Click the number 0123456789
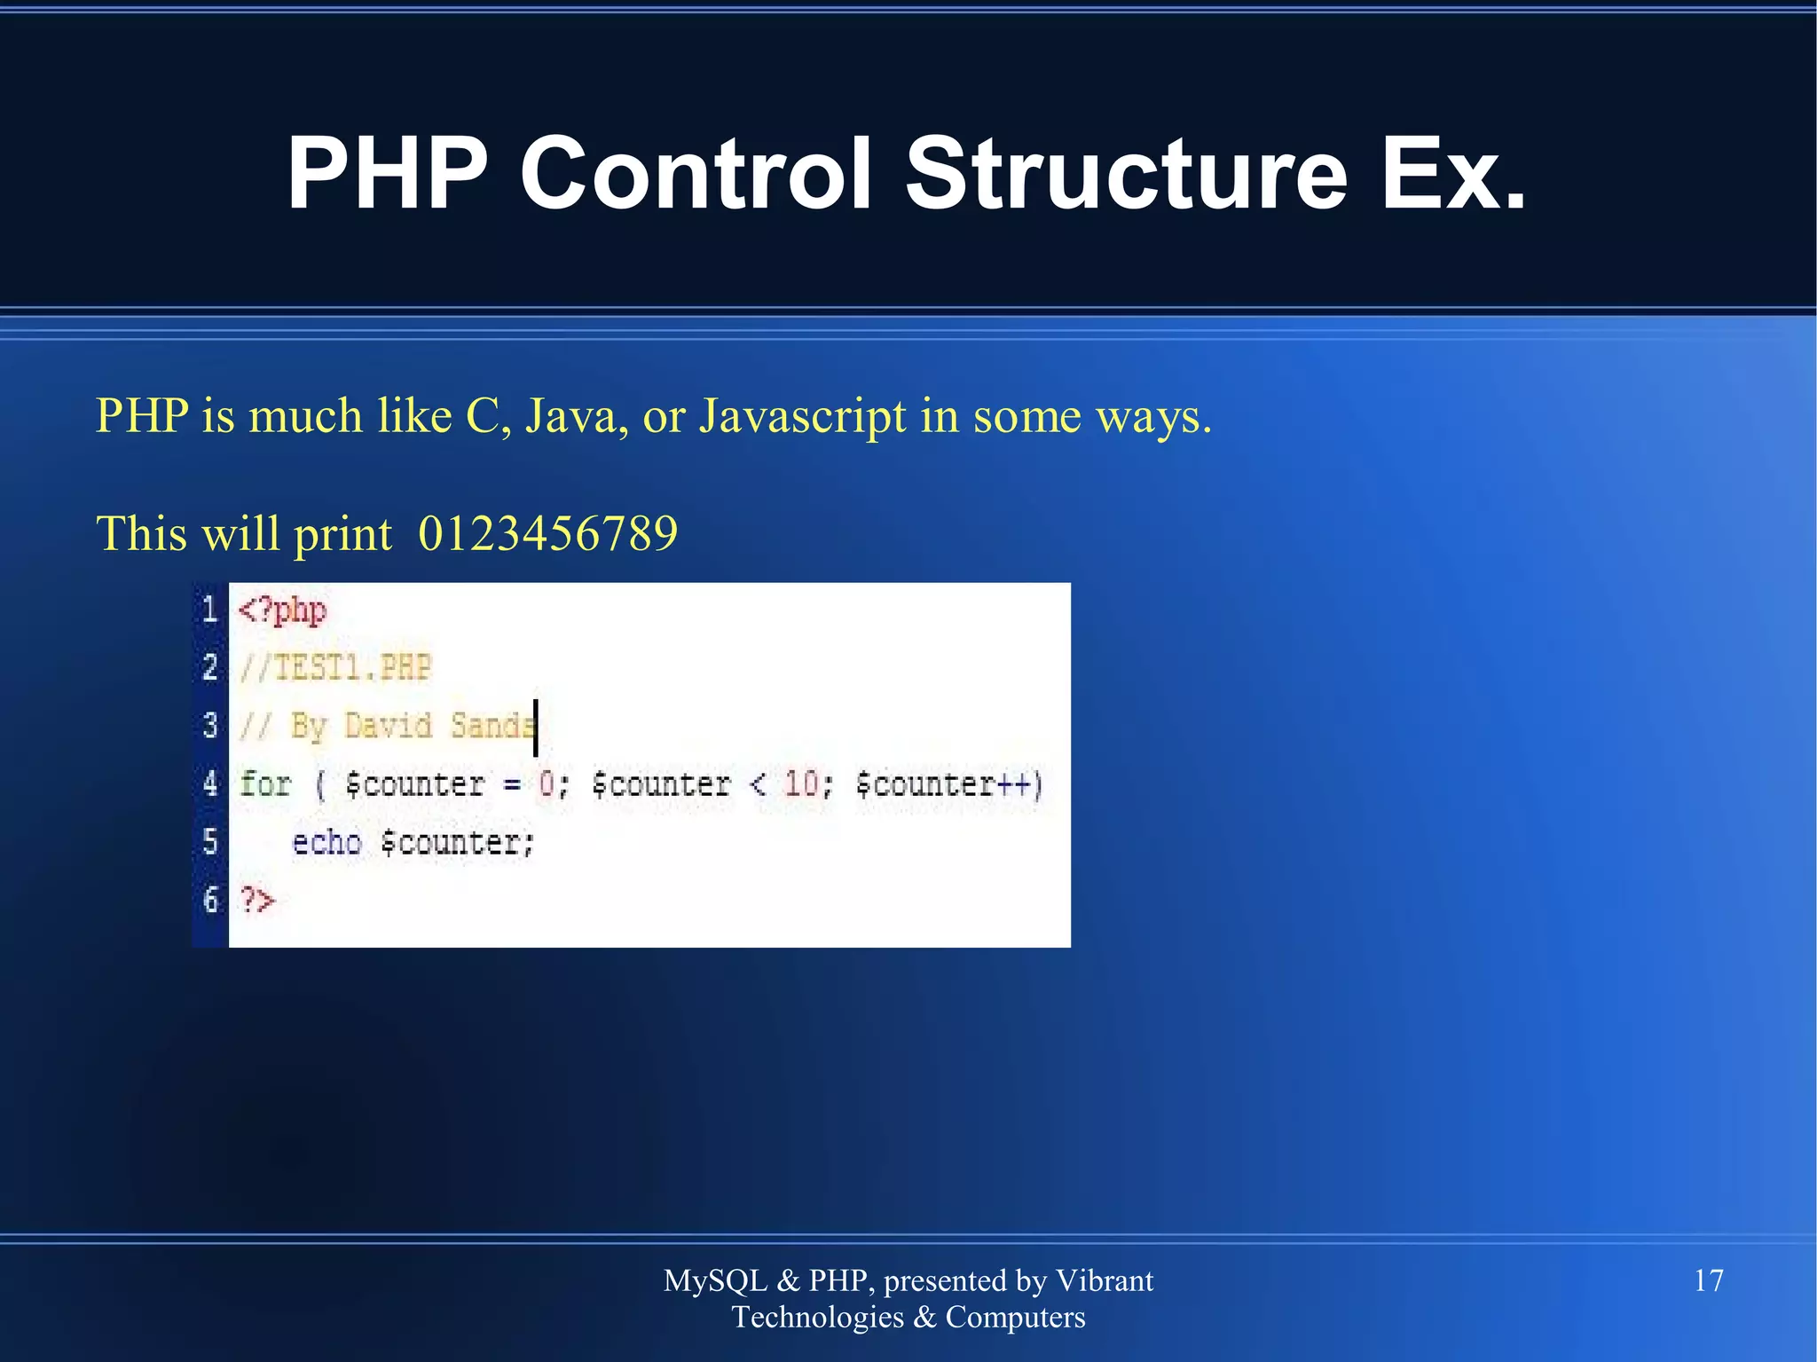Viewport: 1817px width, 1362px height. (547, 533)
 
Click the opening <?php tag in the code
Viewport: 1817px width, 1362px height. (282, 610)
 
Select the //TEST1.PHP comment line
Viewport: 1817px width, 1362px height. (335, 667)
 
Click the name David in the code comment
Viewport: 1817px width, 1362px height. (388, 726)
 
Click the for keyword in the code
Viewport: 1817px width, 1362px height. (265, 783)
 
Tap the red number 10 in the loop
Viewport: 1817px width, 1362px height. (802, 783)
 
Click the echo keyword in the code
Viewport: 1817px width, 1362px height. (326, 842)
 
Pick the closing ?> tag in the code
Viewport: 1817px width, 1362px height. (257, 901)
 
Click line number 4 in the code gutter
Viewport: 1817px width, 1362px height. (210, 783)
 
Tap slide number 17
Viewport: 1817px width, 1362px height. (1709, 1280)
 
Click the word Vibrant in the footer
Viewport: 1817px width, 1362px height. (1104, 1280)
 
